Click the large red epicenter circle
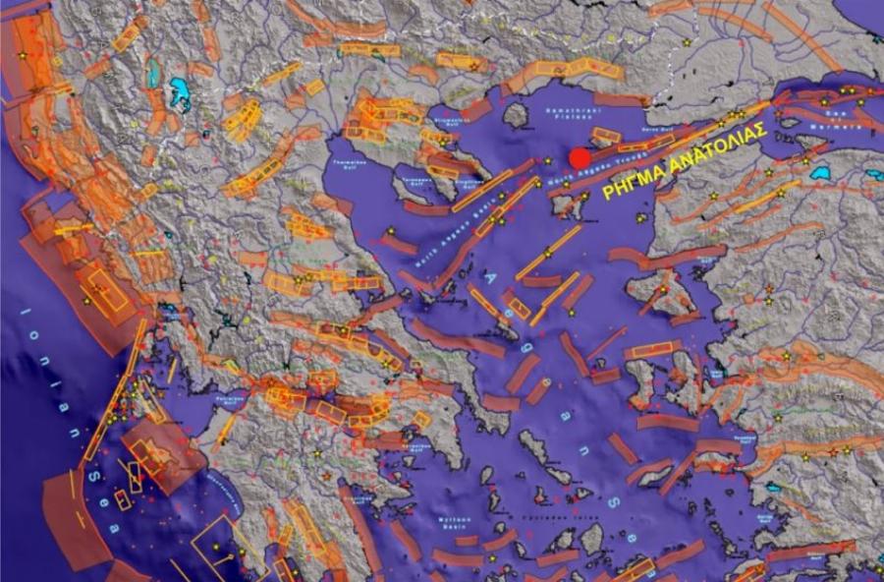click(x=580, y=158)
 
